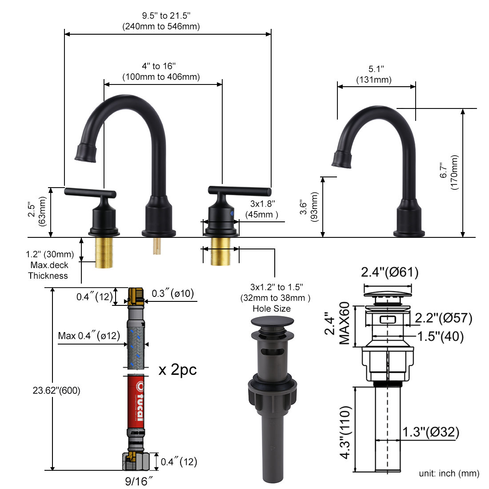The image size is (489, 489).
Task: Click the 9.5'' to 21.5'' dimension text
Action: tap(161, 16)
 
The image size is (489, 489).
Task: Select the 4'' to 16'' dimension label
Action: tap(161, 66)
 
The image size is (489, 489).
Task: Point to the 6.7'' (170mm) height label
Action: tap(449, 172)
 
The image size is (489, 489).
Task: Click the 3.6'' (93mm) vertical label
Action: tap(309, 207)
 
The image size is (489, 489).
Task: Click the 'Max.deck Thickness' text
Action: tap(48, 270)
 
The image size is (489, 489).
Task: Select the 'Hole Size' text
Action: tap(272, 309)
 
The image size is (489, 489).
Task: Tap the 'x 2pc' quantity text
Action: tap(177, 369)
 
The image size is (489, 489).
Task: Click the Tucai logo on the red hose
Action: tap(138, 402)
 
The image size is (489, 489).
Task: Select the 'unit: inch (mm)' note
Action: tap(449, 473)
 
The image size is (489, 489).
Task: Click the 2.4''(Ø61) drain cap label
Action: tap(389, 272)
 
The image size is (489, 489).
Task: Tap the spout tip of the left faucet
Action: tap(85, 154)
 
